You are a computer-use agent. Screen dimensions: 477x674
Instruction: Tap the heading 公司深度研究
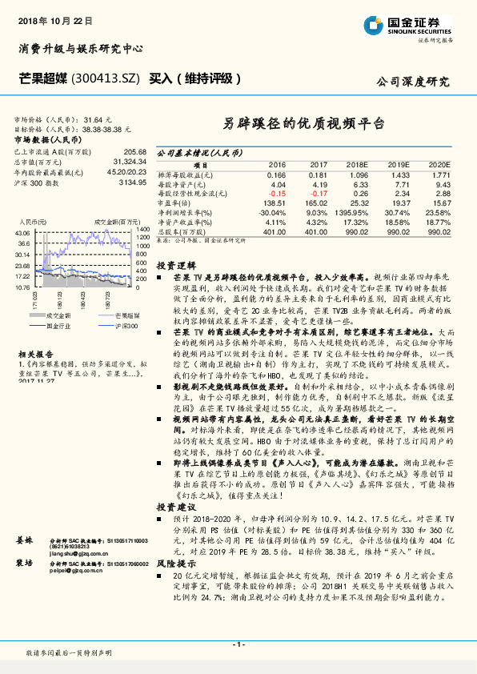point(413,82)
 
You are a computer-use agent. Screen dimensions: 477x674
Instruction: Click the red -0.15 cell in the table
point(276,194)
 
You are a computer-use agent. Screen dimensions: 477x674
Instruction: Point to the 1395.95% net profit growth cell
point(351,213)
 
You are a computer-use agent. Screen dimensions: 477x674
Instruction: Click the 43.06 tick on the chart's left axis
point(22,233)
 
